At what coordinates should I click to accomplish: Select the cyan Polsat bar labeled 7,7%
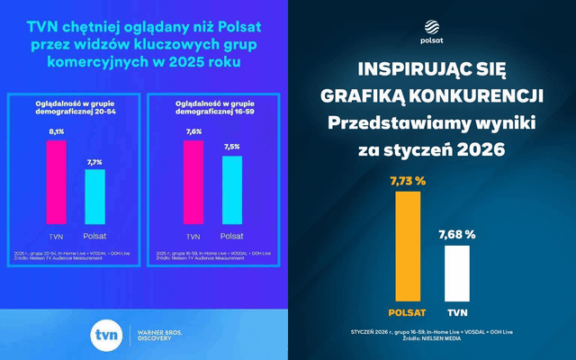click(x=95, y=195)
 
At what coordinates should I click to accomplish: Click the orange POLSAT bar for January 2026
click(x=407, y=247)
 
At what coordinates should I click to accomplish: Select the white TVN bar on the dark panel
click(x=458, y=274)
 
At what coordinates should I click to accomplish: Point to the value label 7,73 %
click(x=407, y=180)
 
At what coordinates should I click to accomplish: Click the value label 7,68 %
click(x=457, y=235)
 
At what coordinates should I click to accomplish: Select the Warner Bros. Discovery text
click(x=162, y=336)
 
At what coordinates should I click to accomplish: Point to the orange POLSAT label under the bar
click(x=407, y=312)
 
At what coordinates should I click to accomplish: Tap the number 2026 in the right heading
click(x=492, y=150)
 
